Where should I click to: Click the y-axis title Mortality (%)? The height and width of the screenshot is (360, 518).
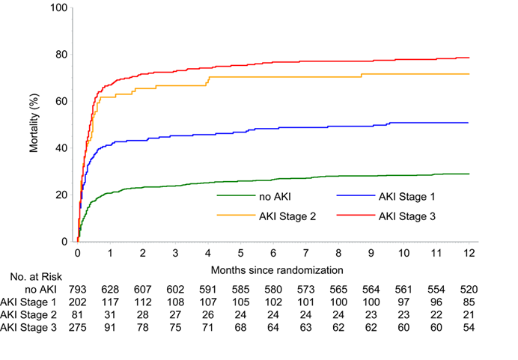click(34, 125)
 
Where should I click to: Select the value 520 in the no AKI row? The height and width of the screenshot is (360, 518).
click(469, 288)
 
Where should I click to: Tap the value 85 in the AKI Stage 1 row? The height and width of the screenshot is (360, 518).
click(469, 302)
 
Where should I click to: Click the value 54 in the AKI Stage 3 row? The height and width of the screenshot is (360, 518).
click(469, 328)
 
